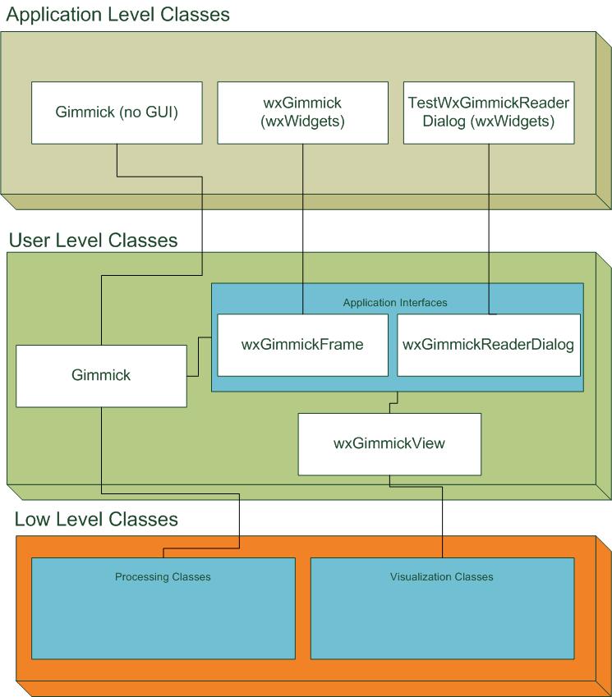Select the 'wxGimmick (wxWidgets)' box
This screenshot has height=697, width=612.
pyautogui.click(x=303, y=112)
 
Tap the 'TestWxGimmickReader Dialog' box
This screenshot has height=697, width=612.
pyautogui.click(x=490, y=112)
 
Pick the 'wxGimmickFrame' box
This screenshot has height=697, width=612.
pyautogui.click(x=302, y=345)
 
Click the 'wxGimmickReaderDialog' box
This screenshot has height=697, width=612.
pyautogui.click(x=488, y=345)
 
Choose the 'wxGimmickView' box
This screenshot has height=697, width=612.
pyautogui.click(x=389, y=444)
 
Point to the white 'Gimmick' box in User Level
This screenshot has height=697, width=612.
pyautogui.click(x=101, y=376)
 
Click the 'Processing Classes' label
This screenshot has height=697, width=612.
pyautogui.click(x=163, y=577)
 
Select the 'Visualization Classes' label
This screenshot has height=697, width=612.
pyautogui.click(x=442, y=577)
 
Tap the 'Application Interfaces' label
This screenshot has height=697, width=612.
pyautogui.click(x=395, y=303)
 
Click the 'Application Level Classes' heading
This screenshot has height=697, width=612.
pyautogui.click(x=118, y=14)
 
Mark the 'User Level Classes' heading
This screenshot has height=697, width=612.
pyautogui.click(x=93, y=241)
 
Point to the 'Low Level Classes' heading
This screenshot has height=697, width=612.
pyautogui.click(x=96, y=520)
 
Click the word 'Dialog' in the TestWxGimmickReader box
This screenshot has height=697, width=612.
pyautogui.click(x=444, y=122)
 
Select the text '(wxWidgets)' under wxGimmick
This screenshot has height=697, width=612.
pyautogui.click(x=303, y=122)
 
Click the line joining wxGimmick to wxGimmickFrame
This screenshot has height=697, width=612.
pyautogui.click(x=303, y=222)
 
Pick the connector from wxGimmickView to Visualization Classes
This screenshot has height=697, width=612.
pyautogui.click(x=444, y=517)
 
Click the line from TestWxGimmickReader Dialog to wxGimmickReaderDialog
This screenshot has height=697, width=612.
pyautogui.click(x=490, y=222)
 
